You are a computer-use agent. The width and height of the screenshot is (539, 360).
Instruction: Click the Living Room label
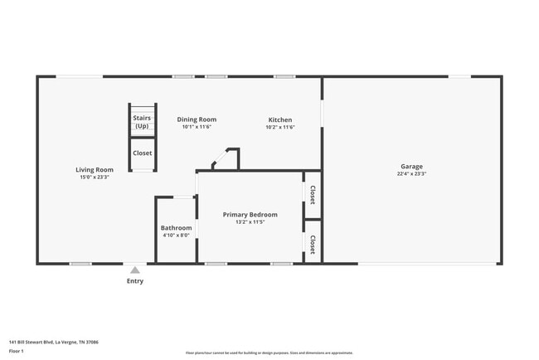[95, 169]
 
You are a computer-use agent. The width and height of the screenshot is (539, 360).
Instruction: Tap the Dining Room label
[197, 119]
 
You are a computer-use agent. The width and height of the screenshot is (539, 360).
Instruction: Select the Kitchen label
[279, 119]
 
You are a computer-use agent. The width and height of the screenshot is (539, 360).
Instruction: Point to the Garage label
[411, 167]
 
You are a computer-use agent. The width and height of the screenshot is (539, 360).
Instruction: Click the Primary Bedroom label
[250, 214]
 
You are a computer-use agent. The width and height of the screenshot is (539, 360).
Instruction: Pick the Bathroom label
[176, 228]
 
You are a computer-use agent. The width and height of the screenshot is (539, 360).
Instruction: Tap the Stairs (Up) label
[142, 122]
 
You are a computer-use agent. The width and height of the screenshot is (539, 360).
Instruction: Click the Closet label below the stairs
[142, 153]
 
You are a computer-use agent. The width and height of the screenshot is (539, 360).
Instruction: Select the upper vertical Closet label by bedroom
[313, 194]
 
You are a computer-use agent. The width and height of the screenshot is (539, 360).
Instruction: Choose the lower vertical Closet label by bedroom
[313, 244]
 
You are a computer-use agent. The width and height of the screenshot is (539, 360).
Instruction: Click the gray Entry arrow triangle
[135, 270]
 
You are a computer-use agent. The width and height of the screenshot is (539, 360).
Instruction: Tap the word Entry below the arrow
[135, 281]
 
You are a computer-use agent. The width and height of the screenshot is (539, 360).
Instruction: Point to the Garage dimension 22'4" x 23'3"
[411, 174]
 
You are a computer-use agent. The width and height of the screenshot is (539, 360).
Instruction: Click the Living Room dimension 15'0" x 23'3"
[95, 177]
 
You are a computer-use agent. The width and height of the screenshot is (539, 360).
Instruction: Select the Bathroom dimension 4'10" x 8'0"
[176, 236]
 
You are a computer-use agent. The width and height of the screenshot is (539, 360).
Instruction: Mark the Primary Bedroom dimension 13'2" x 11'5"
[250, 222]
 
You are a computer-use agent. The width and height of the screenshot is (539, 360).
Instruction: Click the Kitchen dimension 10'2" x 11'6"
[279, 128]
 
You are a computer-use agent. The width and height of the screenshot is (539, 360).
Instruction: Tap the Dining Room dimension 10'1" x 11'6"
[197, 128]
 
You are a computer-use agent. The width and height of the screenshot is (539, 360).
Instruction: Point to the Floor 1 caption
[17, 351]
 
